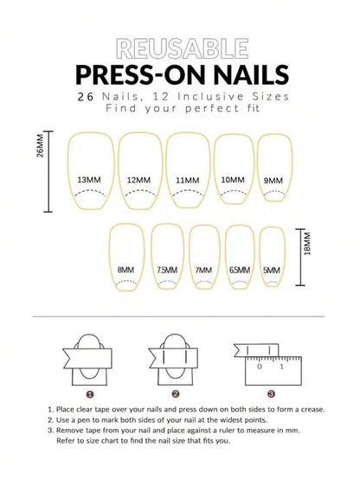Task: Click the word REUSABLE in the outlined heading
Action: (x=183, y=48)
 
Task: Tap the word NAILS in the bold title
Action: (x=251, y=75)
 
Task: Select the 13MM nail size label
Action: (x=89, y=180)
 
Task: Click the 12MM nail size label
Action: (x=138, y=180)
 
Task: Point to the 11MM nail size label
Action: (x=187, y=180)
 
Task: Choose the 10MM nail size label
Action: (x=233, y=180)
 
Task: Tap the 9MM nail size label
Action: (x=273, y=181)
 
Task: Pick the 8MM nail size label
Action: (x=125, y=270)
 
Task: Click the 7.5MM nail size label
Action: (x=167, y=270)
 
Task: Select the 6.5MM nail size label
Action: (x=240, y=270)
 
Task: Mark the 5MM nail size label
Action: (x=272, y=270)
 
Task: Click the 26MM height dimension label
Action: (x=40, y=146)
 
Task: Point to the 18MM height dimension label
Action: (x=307, y=244)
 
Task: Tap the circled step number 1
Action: (x=90, y=394)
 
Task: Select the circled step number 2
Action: (x=176, y=393)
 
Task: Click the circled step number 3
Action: (x=271, y=393)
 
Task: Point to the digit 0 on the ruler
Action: (x=260, y=367)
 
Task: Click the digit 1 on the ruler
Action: (x=282, y=367)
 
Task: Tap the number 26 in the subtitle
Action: (x=86, y=97)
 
